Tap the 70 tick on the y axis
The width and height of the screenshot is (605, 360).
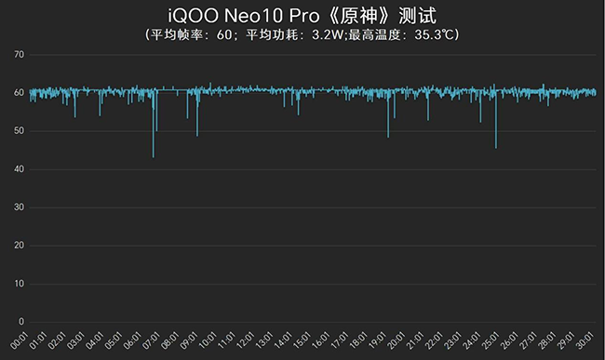[19, 55]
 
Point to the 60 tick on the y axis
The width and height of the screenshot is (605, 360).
[19, 93]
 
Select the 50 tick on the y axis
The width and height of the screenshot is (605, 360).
[19, 131]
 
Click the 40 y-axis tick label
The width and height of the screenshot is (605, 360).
[19, 169]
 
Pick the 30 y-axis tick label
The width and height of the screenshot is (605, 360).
[19, 207]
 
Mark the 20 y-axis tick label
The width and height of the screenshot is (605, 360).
[19, 245]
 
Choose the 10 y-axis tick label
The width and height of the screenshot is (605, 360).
[19, 283]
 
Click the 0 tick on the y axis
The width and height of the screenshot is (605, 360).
[21, 321]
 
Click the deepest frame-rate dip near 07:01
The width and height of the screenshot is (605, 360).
[154, 156]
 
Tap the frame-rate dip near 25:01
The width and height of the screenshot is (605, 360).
[496, 147]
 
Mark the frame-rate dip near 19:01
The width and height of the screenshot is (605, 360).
[388, 136]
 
